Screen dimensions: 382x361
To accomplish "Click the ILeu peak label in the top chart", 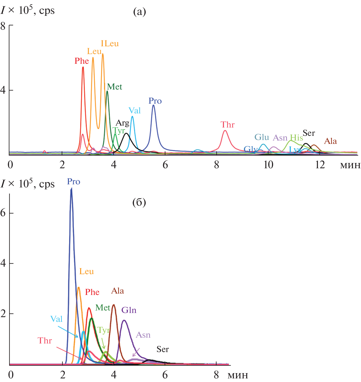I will click(x=110, y=44).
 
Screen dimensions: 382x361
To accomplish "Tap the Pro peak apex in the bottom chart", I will click(x=71, y=189).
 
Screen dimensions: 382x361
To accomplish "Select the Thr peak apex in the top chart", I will click(x=225, y=131).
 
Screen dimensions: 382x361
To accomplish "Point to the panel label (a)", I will click(x=139, y=12).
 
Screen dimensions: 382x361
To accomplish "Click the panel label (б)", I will click(x=139, y=203).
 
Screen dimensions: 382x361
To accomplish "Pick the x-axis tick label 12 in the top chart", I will click(x=320, y=165).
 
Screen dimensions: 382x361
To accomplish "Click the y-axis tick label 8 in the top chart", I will click(x=3, y=26).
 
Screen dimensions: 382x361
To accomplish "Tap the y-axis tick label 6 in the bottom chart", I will click(x=3, y=213).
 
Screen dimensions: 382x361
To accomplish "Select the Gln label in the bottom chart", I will click(x=129, y=310).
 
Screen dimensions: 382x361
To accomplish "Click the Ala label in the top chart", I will click(x=331, y=141).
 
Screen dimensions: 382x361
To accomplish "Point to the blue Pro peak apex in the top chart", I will click(x=153, y=105).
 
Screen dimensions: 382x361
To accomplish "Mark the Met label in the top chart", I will click(x=115, y=87).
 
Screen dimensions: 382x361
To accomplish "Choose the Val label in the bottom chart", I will click(x=56, y=319).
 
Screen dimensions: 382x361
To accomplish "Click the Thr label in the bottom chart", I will click(x=45, y=341).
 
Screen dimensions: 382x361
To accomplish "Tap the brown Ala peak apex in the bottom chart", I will click(x=114, y=305).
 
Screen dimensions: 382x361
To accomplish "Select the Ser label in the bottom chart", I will click(x=162, y=349).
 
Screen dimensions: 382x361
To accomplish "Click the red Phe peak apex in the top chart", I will click(x=83, y=67).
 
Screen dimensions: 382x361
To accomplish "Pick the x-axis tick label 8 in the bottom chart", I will click(x=216, y=375).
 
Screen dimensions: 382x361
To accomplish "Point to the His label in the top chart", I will click(x=296, y=138).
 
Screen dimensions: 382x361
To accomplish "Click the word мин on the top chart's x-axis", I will click(x=350, y=165).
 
